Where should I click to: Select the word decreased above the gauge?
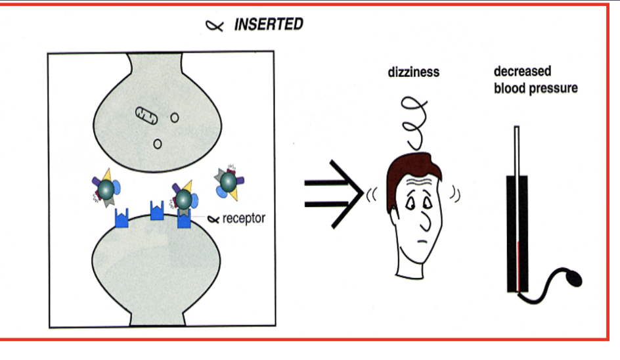click(x=522, y=71)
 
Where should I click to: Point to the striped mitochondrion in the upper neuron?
click(x=147, y=115)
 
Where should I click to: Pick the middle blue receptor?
click(x=157, y=213)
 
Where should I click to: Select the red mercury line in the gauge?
click(x=518, y=266)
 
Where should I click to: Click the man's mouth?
click(x=422, y=241)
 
